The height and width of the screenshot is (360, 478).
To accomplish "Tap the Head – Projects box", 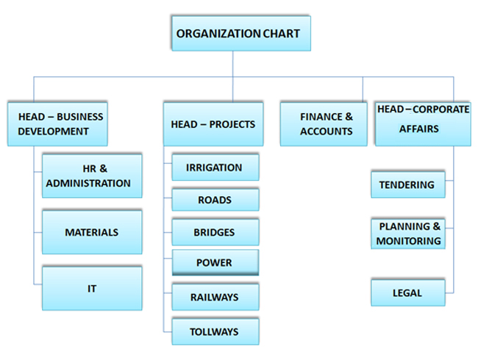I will coord(213,124).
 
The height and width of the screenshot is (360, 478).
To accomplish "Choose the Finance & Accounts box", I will coord(324,124).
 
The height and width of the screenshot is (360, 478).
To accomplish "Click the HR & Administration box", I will coord(91,176).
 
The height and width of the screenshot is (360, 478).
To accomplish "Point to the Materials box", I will coord(91,232).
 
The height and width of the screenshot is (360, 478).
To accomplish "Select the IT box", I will coord(91,288).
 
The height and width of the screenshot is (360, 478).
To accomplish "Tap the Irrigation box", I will coord(215,168).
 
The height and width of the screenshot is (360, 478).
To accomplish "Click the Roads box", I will coord(215,200).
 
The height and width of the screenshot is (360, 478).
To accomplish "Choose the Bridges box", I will coord(215,232).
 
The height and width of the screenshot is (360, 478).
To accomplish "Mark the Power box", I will coord(215,262).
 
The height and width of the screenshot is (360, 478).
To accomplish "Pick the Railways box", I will coord(215,298).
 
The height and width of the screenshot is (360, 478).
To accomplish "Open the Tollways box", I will coord(215,331).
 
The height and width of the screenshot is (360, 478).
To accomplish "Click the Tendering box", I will coord(407,185).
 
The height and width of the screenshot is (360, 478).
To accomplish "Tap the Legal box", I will coord(407,292).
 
